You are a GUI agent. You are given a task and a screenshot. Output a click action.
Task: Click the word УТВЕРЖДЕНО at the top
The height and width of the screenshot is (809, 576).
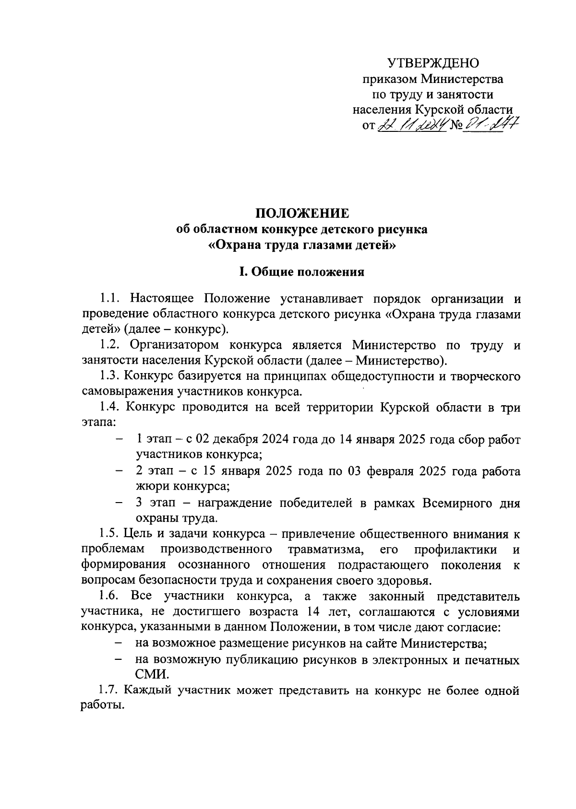433,63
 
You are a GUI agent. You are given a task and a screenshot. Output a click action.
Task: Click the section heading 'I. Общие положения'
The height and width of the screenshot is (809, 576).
302,272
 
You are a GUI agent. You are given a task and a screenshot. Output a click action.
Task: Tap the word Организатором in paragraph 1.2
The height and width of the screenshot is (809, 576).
174,345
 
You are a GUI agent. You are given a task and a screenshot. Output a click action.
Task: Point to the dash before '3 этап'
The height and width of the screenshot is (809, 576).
119,503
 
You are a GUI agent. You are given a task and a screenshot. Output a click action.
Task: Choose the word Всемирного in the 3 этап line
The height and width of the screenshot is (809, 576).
457,503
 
